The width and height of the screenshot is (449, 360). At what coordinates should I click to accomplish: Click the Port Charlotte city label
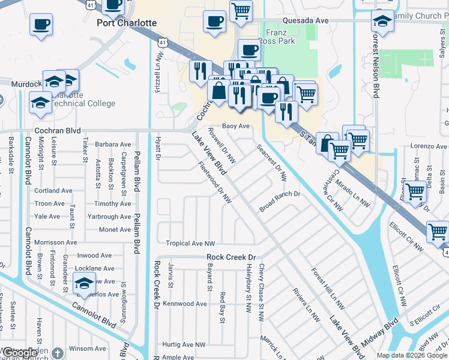coord(127,23)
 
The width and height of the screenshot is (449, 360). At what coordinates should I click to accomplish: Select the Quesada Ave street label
coord(307,20)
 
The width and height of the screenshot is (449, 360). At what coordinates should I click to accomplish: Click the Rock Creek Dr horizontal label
coord(231,257)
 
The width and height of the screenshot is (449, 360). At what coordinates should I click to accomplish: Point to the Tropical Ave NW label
coord(190,244)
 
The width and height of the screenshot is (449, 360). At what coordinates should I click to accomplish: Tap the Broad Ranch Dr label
coord(279,202)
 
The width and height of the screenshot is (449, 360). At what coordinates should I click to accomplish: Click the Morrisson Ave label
coord(56,242)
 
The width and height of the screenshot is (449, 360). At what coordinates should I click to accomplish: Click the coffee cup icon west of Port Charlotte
coord(41,25)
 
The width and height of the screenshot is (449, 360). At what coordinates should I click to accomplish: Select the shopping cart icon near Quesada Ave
coord(241,10)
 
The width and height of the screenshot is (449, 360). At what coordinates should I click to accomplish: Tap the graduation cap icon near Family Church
coord(382,22)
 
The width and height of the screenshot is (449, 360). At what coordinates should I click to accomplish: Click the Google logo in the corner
coord(20,353)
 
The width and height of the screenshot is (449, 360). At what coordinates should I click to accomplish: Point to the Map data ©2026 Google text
coord(411,355)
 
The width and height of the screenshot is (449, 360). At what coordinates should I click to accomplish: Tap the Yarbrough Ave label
coord(109,217)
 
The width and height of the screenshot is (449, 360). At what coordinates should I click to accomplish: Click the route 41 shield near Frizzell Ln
coord(163,43)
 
